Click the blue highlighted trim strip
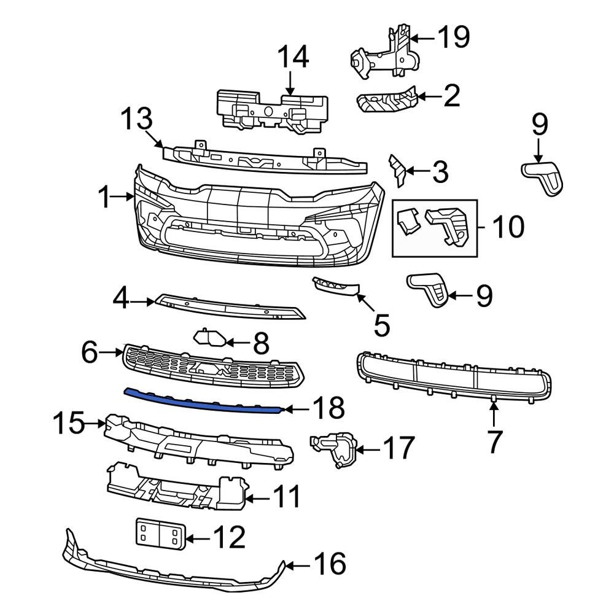tap(203, 401)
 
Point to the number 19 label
tap(453, 37)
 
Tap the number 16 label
tap(330, 564)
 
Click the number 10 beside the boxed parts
tap(507, 227)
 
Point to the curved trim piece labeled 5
tap(336, 287)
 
